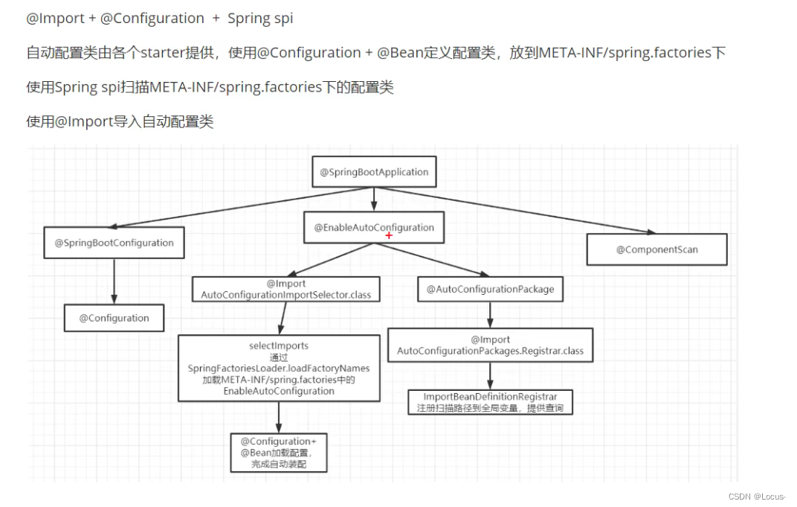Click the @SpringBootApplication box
pos(374,172)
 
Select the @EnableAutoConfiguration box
pos(374,228)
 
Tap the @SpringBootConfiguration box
pos(114,243)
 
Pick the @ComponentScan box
pos(656,249)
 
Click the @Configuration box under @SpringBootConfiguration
pos(114,318)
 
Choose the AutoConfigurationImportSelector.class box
pos(286,290)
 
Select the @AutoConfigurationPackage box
pos(490,289)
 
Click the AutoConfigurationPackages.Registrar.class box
pos(490,345)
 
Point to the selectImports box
pos(279,368)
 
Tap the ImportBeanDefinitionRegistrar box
pos(490,402)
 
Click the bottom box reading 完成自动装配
pos(279,453)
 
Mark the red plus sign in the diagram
pos(389,235)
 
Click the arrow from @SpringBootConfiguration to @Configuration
pos(114,281)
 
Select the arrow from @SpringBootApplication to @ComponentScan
pos(520,211)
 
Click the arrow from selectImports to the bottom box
pos(279,417)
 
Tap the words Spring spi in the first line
pos(260,19)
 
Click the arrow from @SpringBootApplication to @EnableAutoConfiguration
pos(374,199)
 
